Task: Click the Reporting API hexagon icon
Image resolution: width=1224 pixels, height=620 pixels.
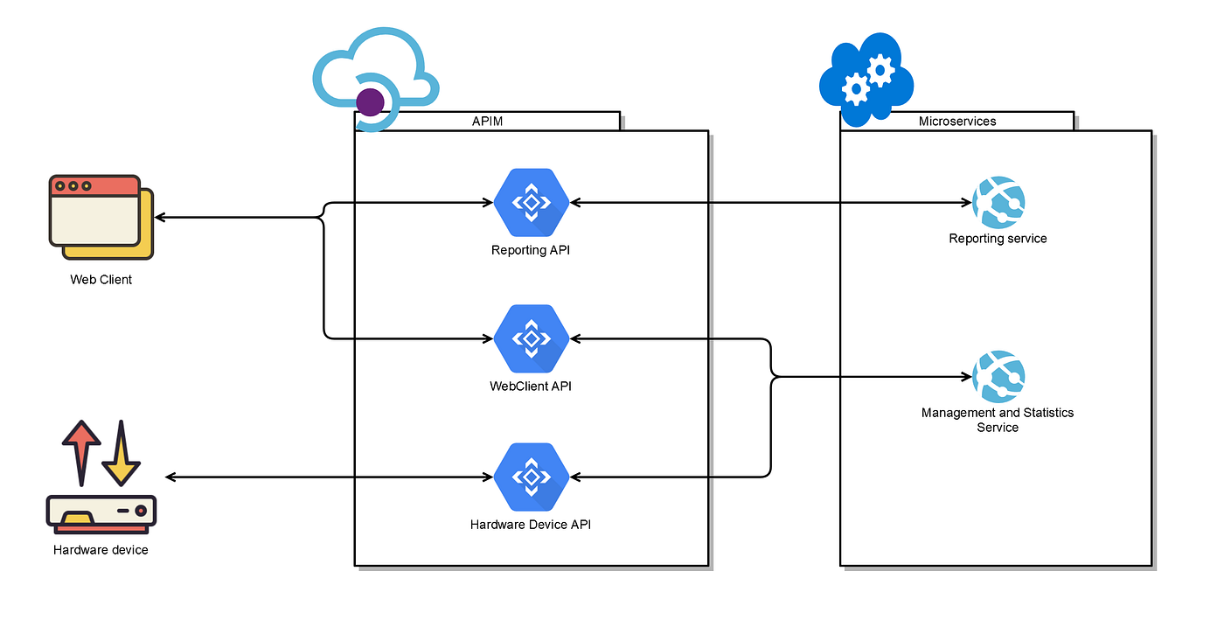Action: pyautogui.click(x=531, y=203)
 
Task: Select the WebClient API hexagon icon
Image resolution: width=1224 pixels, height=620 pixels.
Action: pyautogui.click(x=531, y=338)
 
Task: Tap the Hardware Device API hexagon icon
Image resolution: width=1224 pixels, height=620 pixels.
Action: pyautogui.click(x=531, y=477)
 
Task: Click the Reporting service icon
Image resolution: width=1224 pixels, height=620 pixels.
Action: pyautogui.click(x=998, y=202)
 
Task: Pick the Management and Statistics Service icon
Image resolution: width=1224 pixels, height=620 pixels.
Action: pyautogui.click(x=998, y=377)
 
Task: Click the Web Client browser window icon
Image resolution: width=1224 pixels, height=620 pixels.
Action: pyautogui.click(x=101, y=216)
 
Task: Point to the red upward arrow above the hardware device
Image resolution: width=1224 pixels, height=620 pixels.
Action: pyautogui.click(x=82, y=450)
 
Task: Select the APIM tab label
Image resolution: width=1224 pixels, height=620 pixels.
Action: pyautogui.click(x=487, y=122)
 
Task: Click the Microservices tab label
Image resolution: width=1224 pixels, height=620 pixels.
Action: pyautogui.click(x=956, y=122)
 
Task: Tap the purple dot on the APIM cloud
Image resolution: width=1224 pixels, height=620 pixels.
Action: pyautogui.click(x=371, y=102)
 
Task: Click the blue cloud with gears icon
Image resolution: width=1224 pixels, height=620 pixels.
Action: pyautogui.click(x=866, y=79)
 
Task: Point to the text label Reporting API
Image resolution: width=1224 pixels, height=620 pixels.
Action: pyautogui.click(x=531, y=251)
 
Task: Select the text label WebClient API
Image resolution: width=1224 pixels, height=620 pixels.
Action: pyautogui.click(x=531, y=386)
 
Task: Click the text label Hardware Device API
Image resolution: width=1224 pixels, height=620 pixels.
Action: pyautogui.click(x=531, y=525)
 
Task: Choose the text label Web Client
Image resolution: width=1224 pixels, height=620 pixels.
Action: pyautogui.click(x=101, y=280)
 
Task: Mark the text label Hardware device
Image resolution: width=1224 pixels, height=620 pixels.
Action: pyautogui.click(x=101, y=550)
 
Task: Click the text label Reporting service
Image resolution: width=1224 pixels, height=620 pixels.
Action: pyautogui.click(x=998, y=239)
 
